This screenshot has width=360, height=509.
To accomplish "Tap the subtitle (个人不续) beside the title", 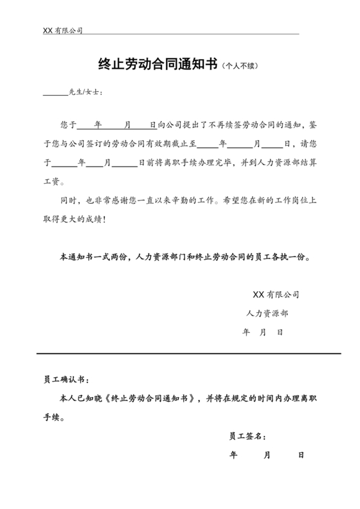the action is (x=239, y=66).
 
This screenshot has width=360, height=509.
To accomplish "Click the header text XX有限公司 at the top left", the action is (x=62, y=30).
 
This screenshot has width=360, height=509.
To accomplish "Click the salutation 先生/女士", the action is (x=84, y=92).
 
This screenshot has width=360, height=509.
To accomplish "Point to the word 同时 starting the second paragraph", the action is (x=68, y=201).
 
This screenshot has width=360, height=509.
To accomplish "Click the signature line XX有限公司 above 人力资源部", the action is (x=276, y=296).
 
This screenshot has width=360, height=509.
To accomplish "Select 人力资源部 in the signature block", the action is (x=267, y=314).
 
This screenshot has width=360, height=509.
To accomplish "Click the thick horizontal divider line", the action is (x=180, y=353).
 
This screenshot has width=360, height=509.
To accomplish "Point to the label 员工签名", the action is (x=246, y=436).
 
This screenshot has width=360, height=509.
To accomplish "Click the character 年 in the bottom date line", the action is (x=233, y=455).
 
